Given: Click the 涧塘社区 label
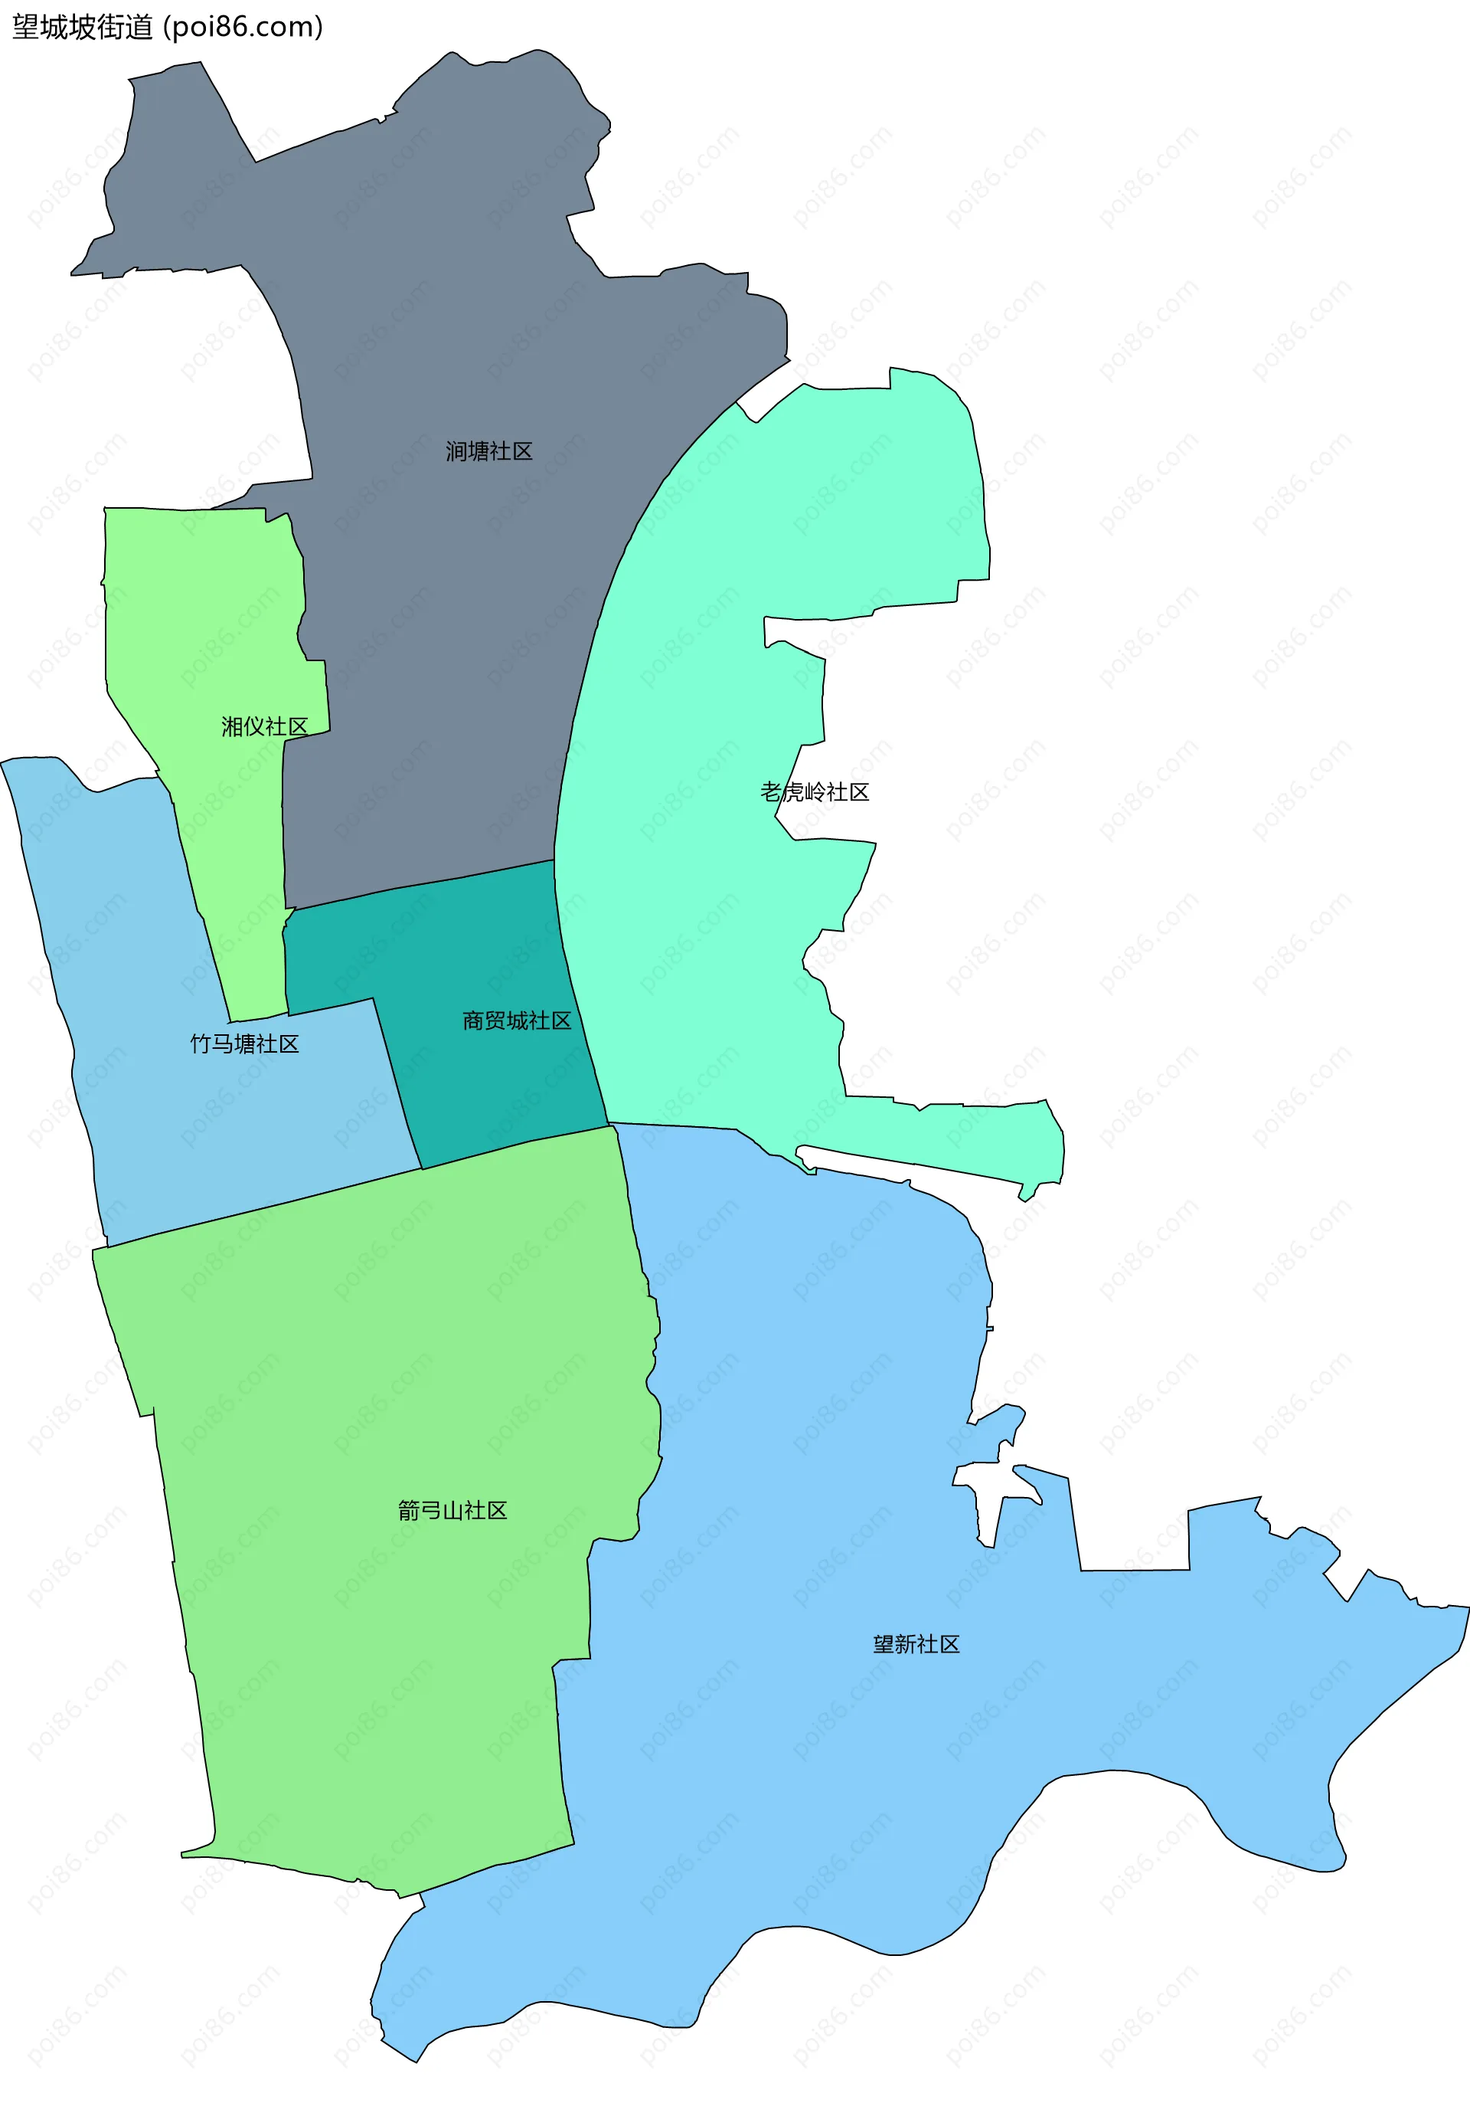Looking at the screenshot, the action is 488,451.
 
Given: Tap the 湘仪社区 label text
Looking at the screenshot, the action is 264,726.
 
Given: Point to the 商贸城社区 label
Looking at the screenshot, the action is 516,1020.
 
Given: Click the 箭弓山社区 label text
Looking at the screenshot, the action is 452,1510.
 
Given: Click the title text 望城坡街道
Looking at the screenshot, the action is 83,27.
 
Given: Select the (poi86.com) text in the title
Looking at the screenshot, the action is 243,27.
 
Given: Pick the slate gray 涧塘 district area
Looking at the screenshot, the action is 479,644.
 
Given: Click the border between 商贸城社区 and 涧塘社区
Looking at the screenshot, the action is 423,884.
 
